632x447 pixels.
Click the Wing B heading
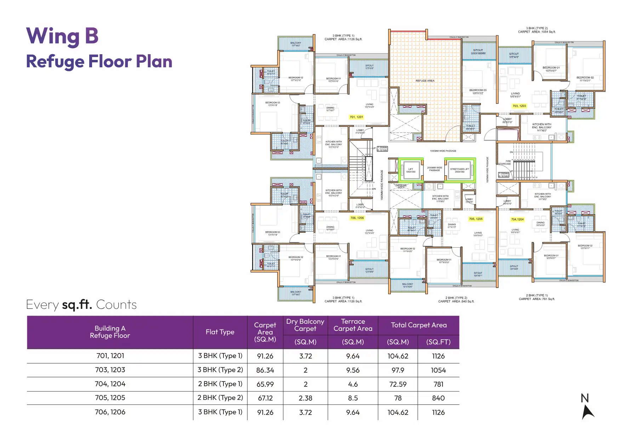(62, 36)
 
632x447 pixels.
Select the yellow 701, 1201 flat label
(356, 117)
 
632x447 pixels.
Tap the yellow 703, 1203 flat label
(519, 106)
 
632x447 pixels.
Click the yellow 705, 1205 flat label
(476, 219)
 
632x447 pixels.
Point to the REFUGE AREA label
(425, 81)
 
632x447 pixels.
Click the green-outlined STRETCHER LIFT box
(460, 170)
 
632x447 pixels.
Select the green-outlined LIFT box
(411, 170)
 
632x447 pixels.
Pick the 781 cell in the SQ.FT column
(438, 384)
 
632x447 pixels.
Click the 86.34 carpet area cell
(265, 370)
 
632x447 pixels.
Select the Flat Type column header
(220, 332)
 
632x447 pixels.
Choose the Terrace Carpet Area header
(353, 325)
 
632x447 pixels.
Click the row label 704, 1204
(110, 384)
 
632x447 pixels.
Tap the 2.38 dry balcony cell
(305, 398)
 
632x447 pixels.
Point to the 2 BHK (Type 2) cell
(220, 398)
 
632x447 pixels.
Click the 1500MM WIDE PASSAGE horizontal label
(443, 151)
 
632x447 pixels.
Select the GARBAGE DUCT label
(401, 186)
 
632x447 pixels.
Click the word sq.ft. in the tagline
(77, 305)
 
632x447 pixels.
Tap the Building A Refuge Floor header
(110, 332)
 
